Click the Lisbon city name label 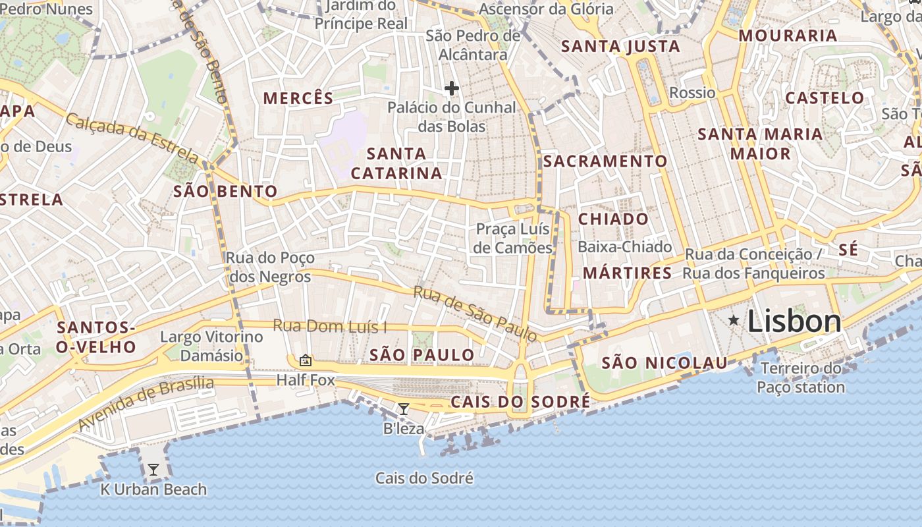(x=794, y=321)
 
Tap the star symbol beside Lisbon (x=734, y=320)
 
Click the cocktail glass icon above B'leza (x=404, y=409)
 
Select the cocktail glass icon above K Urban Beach (x=153, y=470)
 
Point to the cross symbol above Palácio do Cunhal (x=452, y=88)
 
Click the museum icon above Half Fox (x=305, y=360)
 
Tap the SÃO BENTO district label (x=225, y=192)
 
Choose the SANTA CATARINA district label (x=396, y=163)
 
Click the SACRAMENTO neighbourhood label (x=605, y=161)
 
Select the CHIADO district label (x=613, y=219)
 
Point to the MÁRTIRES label (x=628, y=273)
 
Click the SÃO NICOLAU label (x=664, y=363)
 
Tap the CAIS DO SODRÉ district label (x=520, y=402)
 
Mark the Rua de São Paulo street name (x=475, y=314)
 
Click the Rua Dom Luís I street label (x=329, y=326)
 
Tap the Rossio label (x=692, y=93)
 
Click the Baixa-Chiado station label (x=624, y=247)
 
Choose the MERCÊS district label (x=298, y=98)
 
